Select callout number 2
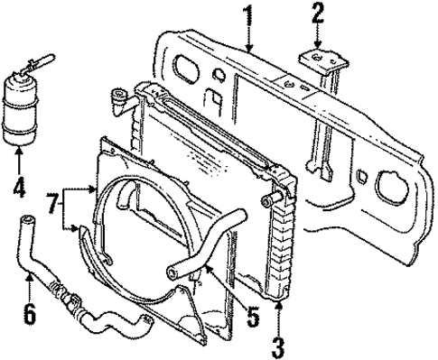(x=317, y=14)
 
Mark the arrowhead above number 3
(x=278, y=307)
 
